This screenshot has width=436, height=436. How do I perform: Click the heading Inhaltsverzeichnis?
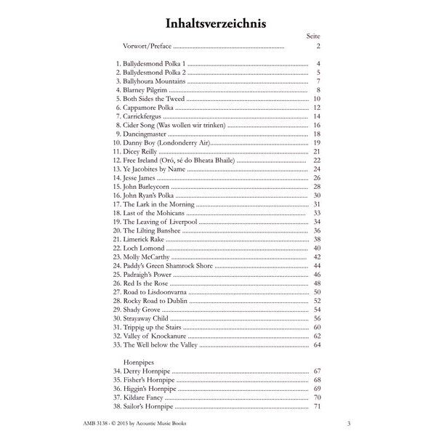coord(217,23)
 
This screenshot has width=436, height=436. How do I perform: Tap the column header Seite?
coord(312,36)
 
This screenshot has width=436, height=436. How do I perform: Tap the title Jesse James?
coord(141,177)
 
